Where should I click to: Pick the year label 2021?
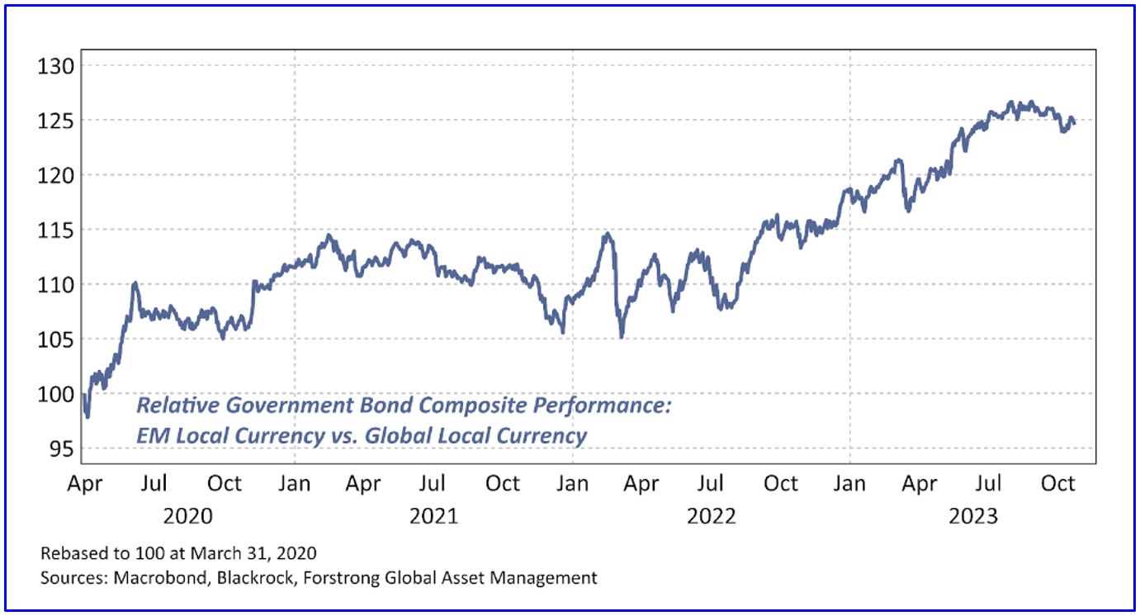tap(433, 517)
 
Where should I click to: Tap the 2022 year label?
tap(712, 517)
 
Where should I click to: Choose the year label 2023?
tap(973, 517)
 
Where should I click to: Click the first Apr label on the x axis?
tap(86, 483)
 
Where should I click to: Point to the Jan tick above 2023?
tap(849, 483)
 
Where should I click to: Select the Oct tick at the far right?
tap(1058, 483)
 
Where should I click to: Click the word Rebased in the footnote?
tap(69, 552)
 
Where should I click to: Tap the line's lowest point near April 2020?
tap(88, 417)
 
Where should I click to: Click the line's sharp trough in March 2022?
tap(621, 336)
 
